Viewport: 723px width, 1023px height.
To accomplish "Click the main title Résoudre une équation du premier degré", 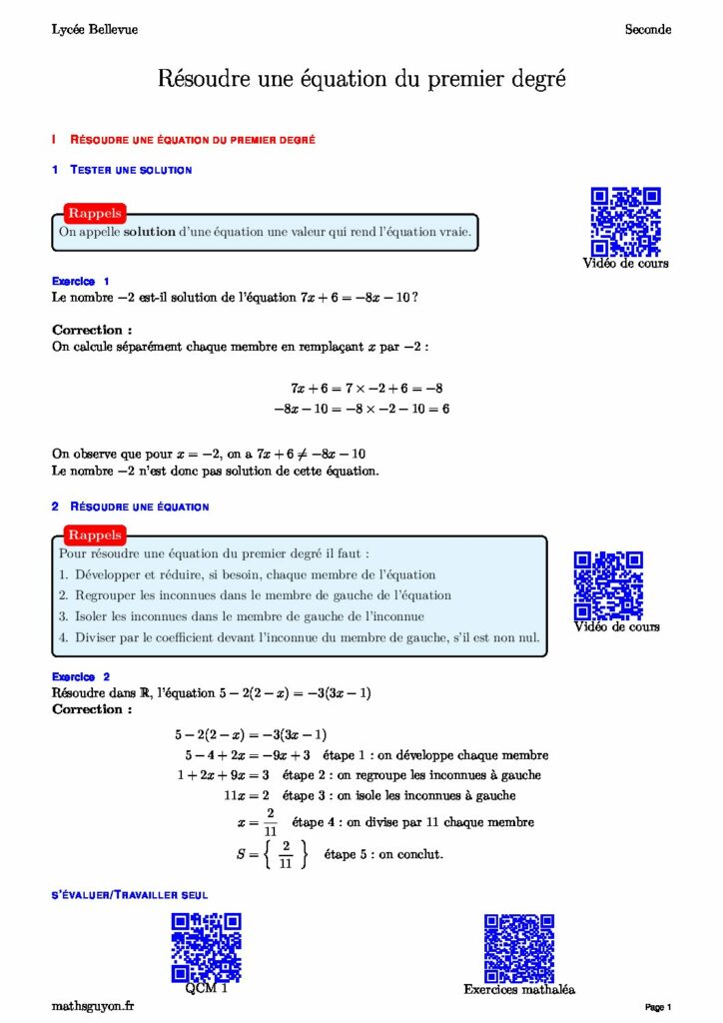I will tap(361, 79).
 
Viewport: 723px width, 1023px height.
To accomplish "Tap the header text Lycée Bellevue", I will tap(95, 30).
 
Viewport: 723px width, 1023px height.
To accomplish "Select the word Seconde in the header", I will tap(648, 30).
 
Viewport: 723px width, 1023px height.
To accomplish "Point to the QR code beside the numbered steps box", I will tap(608, 585).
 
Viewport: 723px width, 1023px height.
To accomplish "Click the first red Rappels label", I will tap(95, 213).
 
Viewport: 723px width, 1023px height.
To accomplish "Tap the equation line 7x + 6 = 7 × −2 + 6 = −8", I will tap(366, 388).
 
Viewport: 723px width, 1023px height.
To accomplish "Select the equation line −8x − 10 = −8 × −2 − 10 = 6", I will tap(361, 409).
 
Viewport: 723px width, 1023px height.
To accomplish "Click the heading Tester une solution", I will tap(131, 170).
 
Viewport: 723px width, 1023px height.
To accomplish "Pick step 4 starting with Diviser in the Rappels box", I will tap(299, 637).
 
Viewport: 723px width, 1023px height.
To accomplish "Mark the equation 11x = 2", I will tap(248, 795).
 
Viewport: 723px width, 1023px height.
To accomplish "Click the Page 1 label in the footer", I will tap(657, 1007).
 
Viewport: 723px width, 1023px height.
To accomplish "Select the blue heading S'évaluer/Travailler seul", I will tap(130, 894).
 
